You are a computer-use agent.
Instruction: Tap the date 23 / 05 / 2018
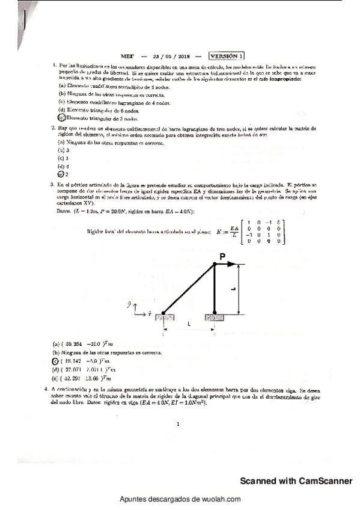(x=171, y=55)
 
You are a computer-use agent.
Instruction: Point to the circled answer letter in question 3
(x=55, y=360)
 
